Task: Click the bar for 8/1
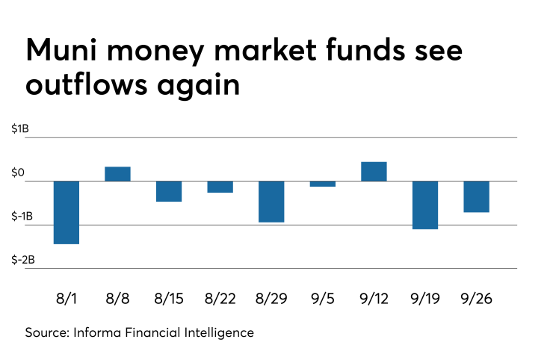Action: click(67, 212)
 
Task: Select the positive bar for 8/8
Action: click(118, 173)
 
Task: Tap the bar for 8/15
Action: click(169, 191)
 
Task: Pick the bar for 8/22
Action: click(220, 187)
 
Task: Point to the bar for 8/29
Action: click(271, 202)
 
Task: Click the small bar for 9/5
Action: click(323, 184)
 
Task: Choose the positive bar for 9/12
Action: click(374, 171)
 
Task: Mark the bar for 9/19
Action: click(425, 205)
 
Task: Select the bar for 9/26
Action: click(476, 196)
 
